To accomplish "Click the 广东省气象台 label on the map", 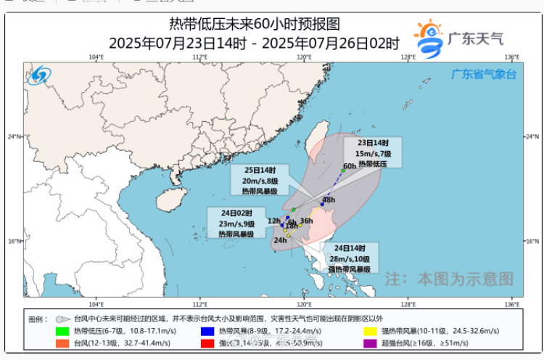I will coord(483,74).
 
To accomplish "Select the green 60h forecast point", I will coord(343,171).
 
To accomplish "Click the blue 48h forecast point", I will coord(322,205).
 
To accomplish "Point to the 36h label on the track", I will coord(306,221).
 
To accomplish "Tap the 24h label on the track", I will coord(280,240).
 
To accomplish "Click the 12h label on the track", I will coord(273,221).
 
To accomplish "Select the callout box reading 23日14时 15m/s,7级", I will coord(373,153).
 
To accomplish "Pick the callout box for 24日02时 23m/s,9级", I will coord(236,224).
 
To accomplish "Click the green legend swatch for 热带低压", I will coord(62,331).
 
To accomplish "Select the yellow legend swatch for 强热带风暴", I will coord(369,331).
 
